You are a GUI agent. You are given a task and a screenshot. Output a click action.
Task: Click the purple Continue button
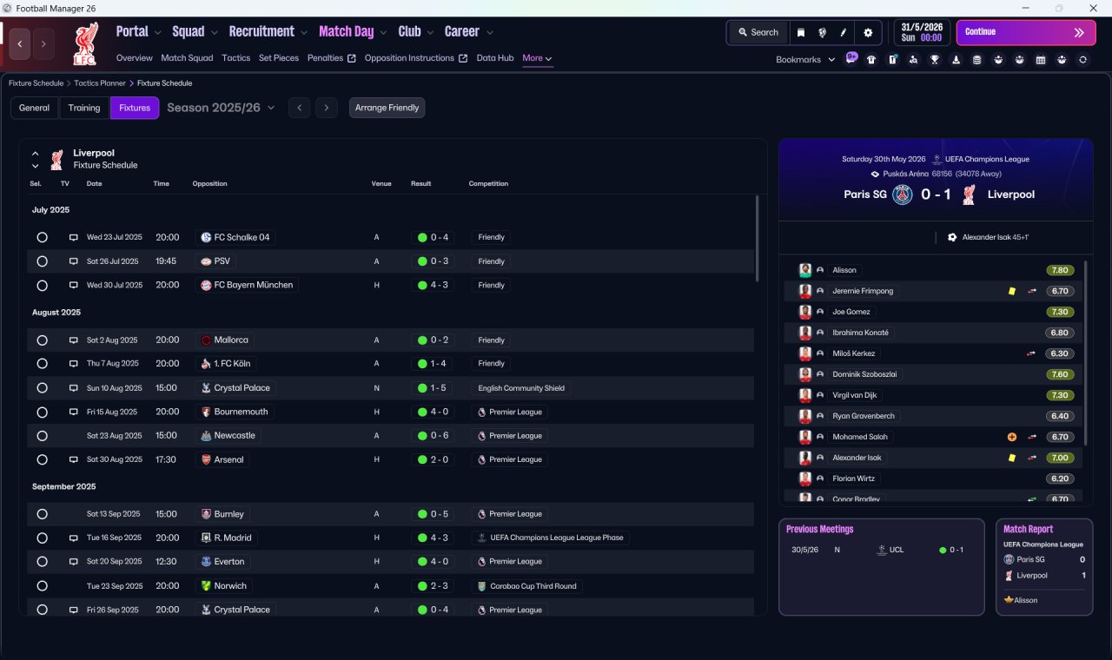coord(1026,32)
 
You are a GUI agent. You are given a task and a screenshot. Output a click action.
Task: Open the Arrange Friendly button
coord(387,108)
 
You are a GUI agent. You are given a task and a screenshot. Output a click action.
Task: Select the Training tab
coord(84,108)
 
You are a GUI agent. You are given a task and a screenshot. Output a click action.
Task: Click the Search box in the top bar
coord(758,32)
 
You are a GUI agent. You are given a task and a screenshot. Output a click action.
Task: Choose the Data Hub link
coord(495,58)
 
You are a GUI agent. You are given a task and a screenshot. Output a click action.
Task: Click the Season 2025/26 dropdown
coord(221,108)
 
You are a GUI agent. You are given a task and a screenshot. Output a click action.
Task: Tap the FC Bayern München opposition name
coord(253,285)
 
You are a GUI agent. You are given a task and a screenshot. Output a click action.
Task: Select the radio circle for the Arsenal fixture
coord(43,459)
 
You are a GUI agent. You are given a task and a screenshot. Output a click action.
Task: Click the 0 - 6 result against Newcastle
coord(440,436)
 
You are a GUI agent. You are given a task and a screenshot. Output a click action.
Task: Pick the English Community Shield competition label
coord(521,388)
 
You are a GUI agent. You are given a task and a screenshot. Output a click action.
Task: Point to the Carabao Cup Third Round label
coord(533,586)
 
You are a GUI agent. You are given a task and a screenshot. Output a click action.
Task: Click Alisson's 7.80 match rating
coord(1060,270)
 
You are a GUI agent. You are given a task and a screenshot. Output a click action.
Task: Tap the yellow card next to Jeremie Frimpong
coord(1012,291)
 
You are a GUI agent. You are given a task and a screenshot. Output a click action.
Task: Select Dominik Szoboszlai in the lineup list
coord(864,374)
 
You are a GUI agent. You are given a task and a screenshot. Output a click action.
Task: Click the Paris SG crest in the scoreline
coord(903,195)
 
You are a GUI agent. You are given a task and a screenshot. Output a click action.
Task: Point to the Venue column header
coord(381,183)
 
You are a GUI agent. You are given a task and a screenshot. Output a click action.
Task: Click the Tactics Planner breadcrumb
coord(100,83)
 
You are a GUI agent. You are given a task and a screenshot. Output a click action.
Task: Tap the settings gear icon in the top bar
coord(868,33)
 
